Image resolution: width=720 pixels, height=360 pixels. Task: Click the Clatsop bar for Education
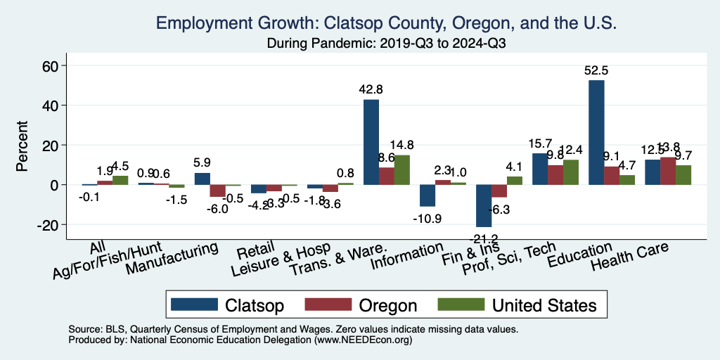[596, 132]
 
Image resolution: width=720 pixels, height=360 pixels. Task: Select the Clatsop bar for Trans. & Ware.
[371, 142]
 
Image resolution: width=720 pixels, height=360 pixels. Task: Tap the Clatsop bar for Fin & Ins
[484, 205]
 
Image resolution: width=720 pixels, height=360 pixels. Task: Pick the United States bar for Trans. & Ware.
[402, 169]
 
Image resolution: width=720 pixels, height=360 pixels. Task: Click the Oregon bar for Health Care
[668, 171]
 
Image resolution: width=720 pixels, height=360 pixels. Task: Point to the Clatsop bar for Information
[427, 195]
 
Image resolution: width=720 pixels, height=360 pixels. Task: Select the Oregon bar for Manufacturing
[217, 191]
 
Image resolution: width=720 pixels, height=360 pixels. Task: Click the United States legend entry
[517, 305]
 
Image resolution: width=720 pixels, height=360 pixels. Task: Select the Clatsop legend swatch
[193, 305]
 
